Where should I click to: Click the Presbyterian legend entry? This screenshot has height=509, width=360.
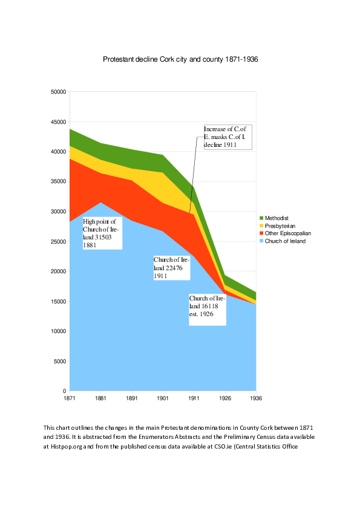(x=280, y=225)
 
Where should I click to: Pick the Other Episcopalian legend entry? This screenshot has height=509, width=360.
(x=287, y=233)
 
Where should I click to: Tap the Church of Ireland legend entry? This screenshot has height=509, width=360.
(x=285, y=241)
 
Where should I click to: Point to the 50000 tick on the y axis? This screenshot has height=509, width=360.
(x=57, y=92)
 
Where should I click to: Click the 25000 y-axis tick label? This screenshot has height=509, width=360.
(x=57, y=242)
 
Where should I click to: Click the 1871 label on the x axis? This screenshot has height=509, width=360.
(x=70, y=398)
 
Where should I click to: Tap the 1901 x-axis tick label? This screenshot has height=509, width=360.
(x=163, y=398)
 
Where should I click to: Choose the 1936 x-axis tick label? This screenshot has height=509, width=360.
(x=256, y=398)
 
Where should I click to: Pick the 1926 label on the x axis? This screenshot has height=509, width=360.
(x=225, y=398)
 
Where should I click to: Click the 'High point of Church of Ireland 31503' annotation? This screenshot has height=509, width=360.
(x=102, y=233)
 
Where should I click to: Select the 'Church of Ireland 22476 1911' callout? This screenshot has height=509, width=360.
(x=172, y=267)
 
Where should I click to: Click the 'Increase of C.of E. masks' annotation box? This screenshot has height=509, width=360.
(x=227, y=137)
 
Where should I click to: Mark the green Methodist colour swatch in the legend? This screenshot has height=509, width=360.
(x=261, y=218)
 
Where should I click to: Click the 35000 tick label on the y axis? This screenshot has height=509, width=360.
(x=57, y=182)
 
